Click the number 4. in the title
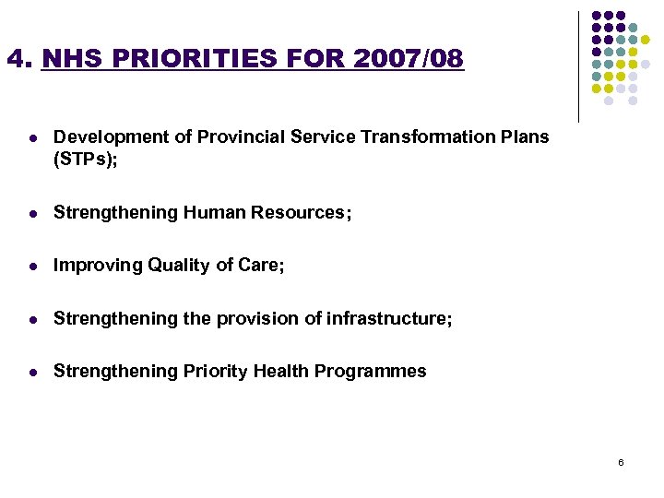[x=19, y=60]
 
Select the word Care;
[x=261, y=266]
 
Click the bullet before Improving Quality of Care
[x=32, y=267]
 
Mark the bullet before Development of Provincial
[x=32, y=137]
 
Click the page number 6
[x=621, y=461]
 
